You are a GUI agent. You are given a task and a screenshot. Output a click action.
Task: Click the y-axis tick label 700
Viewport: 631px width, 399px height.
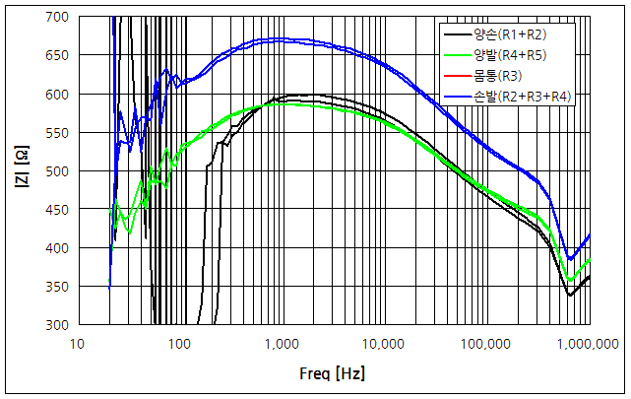56,18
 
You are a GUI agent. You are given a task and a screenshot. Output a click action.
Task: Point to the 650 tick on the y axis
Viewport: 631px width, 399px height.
56,56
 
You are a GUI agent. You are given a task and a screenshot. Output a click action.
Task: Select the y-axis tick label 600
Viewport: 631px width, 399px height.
56,95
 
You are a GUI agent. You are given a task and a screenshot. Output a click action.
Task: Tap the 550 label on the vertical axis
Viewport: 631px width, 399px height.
56,133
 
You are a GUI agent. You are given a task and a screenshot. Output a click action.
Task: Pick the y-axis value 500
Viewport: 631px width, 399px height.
56,171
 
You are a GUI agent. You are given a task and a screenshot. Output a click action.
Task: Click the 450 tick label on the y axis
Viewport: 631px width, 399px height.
56,210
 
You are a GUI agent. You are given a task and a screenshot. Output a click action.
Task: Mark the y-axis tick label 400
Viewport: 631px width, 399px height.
56,248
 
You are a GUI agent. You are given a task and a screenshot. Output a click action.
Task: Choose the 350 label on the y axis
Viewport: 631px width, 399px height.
56,287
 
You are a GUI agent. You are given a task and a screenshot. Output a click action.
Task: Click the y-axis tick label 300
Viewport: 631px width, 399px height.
56,325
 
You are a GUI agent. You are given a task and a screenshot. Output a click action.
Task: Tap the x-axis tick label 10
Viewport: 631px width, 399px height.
77,344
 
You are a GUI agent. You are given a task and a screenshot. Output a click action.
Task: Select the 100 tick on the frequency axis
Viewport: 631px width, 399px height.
179,344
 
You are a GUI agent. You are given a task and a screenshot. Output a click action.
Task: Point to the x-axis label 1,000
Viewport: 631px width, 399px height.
282,344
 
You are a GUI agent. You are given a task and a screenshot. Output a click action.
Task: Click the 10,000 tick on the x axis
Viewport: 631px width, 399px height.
384,344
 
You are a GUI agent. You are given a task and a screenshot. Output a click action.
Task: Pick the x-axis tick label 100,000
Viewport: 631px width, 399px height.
486,344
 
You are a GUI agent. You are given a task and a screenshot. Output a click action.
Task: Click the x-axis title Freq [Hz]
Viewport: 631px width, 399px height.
333,374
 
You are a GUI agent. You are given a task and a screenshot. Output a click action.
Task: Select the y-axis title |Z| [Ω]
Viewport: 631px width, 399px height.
22,171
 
